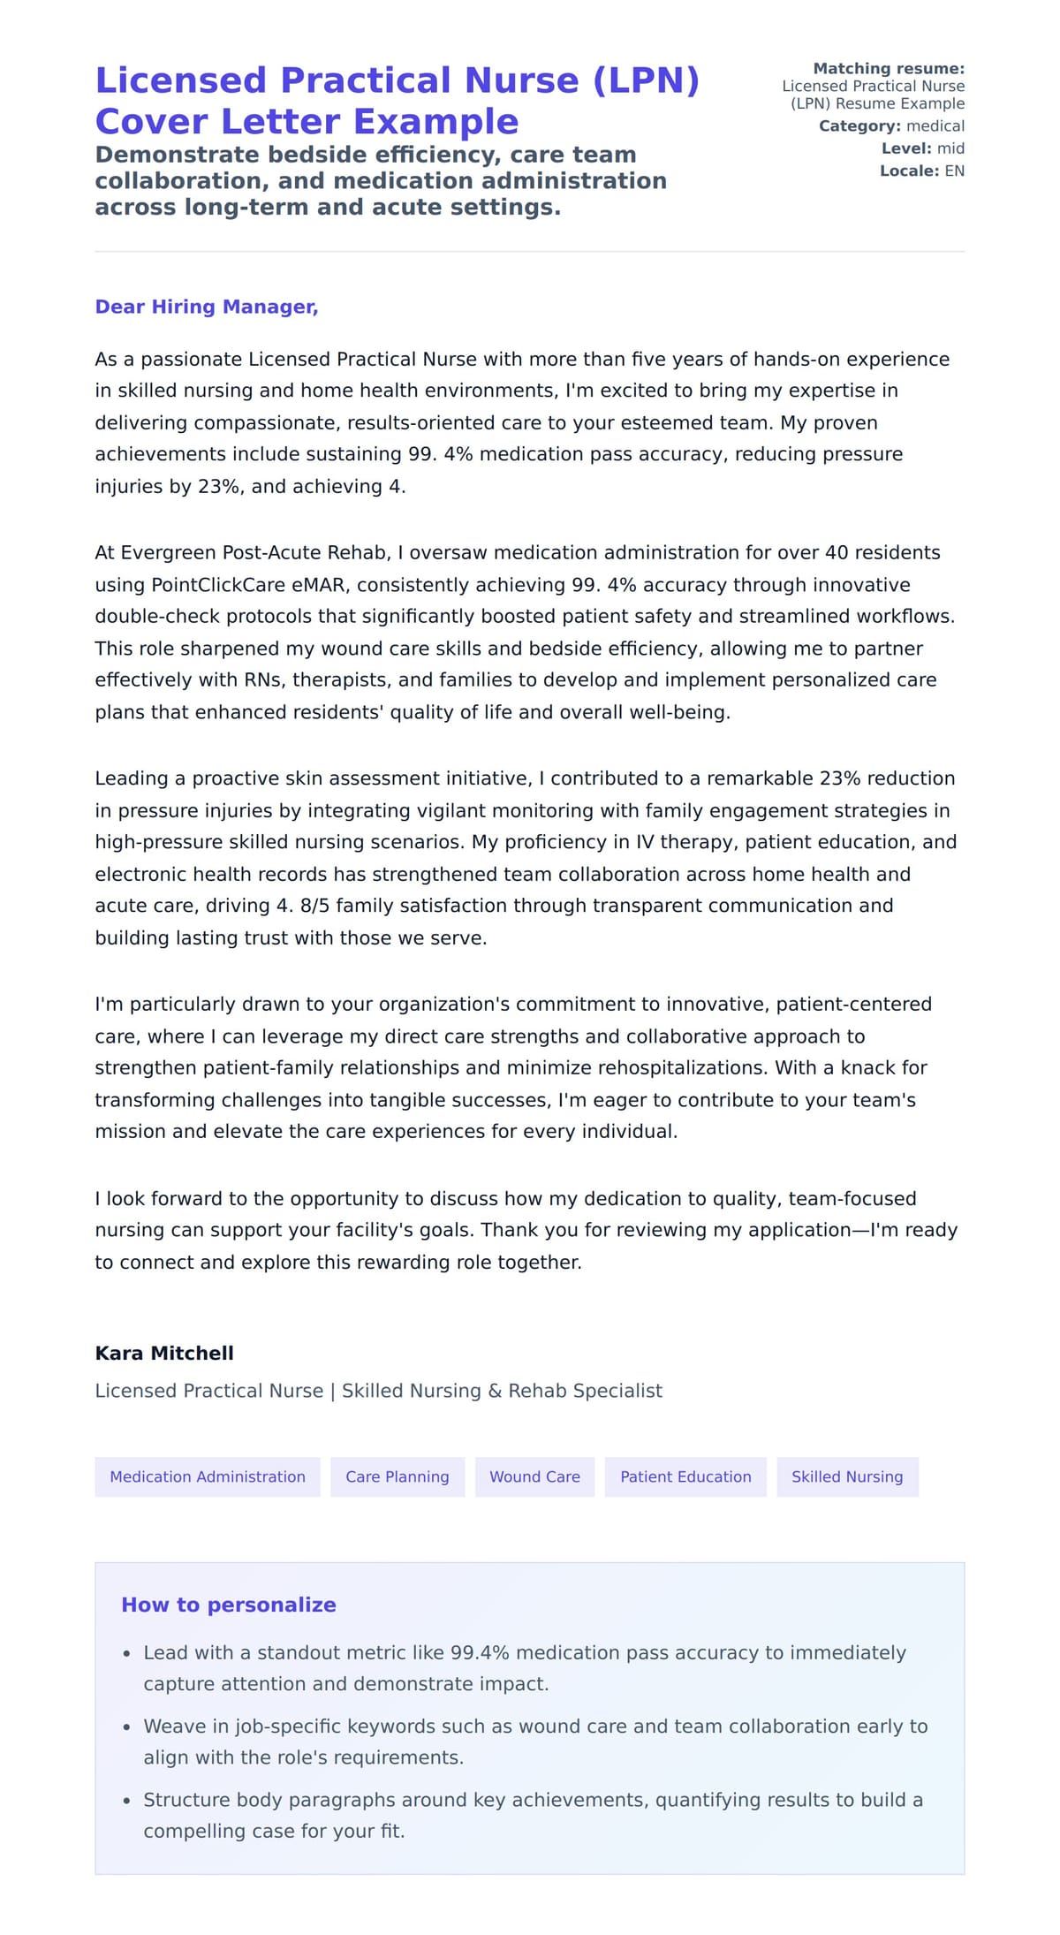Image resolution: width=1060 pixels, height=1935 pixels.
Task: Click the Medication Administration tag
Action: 207,1476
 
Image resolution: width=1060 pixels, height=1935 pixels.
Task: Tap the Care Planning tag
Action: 397,1476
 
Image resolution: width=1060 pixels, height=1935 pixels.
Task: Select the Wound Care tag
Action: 534,1476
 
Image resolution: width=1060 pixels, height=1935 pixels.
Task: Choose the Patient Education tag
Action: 685,1476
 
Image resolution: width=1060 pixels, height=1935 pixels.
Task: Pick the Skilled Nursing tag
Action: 846,1476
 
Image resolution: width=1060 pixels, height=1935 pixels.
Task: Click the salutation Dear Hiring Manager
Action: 206,307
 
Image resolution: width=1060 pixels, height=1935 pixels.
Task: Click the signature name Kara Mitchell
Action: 164,1353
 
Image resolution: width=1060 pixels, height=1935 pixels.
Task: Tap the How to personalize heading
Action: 228,1605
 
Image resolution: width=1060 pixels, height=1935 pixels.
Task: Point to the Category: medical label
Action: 890,126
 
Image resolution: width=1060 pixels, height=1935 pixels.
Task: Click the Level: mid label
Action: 922,148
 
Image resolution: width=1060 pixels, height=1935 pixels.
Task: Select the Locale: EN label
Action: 921,171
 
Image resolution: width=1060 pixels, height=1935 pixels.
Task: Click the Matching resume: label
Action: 888,69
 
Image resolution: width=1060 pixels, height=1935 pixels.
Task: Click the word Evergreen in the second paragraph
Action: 168,553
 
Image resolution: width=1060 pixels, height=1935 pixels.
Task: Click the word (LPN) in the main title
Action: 645,80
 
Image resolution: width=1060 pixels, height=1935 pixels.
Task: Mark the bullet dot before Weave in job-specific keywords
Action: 127,1726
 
